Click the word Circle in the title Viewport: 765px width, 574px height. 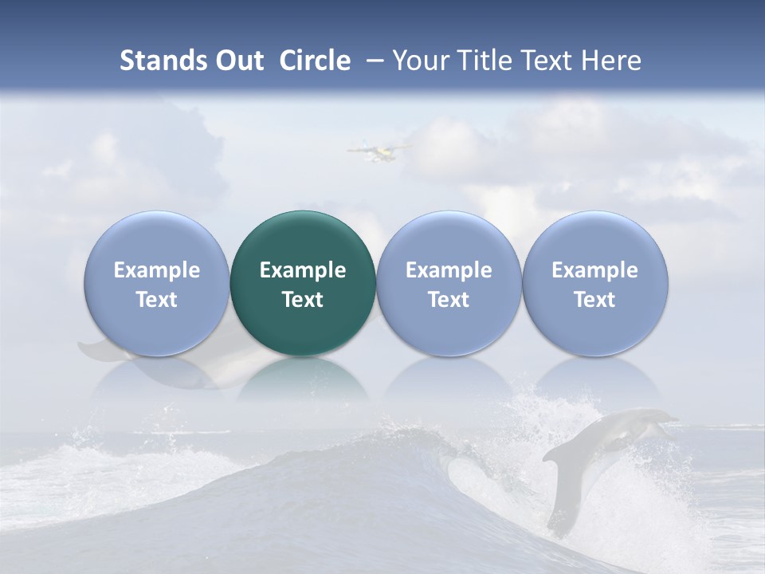(315, 61)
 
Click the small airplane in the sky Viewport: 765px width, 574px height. (375, 150)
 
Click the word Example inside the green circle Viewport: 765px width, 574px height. (303, 270)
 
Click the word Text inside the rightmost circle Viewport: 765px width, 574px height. (594, 300)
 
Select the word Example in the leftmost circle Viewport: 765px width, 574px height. (156, 270)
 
